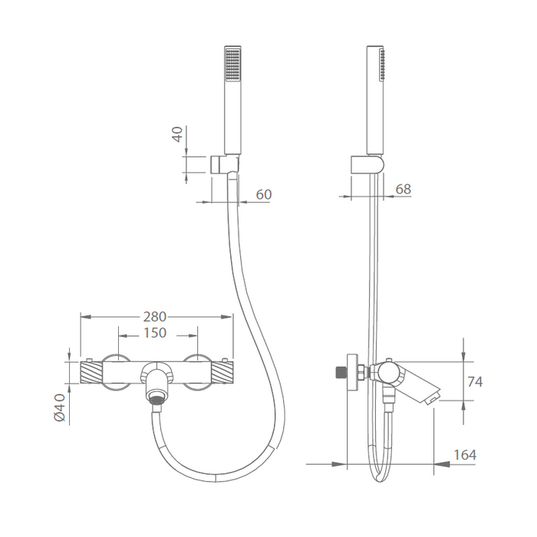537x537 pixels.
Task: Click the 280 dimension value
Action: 154,317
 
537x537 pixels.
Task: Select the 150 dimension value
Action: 155,333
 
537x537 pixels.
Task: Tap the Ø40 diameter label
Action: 60,407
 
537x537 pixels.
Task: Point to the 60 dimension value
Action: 264,195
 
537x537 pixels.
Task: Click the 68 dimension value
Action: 403,189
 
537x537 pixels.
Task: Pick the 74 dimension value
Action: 475,381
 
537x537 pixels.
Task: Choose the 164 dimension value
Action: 465,455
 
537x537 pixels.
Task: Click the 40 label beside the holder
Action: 178,133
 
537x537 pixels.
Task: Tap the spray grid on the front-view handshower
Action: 233,64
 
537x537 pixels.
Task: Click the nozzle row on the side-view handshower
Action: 382,65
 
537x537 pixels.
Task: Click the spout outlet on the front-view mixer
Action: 156,400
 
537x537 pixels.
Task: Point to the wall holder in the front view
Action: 224,164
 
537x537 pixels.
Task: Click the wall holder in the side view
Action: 367,164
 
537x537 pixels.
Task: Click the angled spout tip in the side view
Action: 432,397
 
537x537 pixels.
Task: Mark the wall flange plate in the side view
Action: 352,372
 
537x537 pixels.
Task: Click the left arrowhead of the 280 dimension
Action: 86,317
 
